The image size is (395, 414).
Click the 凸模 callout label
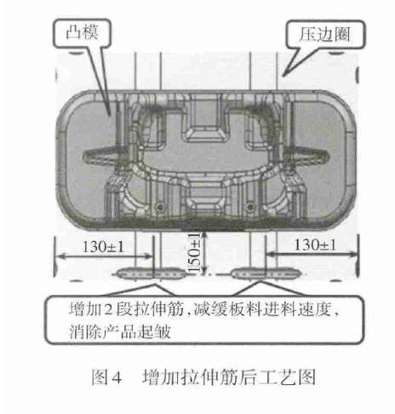click(x=83, y=32)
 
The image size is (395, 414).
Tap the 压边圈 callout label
click(x=324, y=34)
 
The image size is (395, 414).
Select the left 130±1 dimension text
click(x=103, y=247)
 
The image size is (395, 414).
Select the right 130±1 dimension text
click(x=315, y=244)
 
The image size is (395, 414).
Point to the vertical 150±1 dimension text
click(x=194, y=252)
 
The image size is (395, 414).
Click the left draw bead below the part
click(x=152, y=273)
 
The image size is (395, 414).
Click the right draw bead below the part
click(x=266, y=273)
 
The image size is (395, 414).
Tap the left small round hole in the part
click(x=160, y=207)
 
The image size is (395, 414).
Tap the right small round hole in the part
click(x=250, y=207)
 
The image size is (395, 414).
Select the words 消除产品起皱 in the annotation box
click(x=120, y=331)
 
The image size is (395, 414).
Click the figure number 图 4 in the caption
click(x=106, y=378)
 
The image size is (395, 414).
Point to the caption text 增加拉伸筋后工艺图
click(x=229, y=377)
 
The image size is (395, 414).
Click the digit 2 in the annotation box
click(x=108, y=309)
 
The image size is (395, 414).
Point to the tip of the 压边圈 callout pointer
click(x=283, y=76)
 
